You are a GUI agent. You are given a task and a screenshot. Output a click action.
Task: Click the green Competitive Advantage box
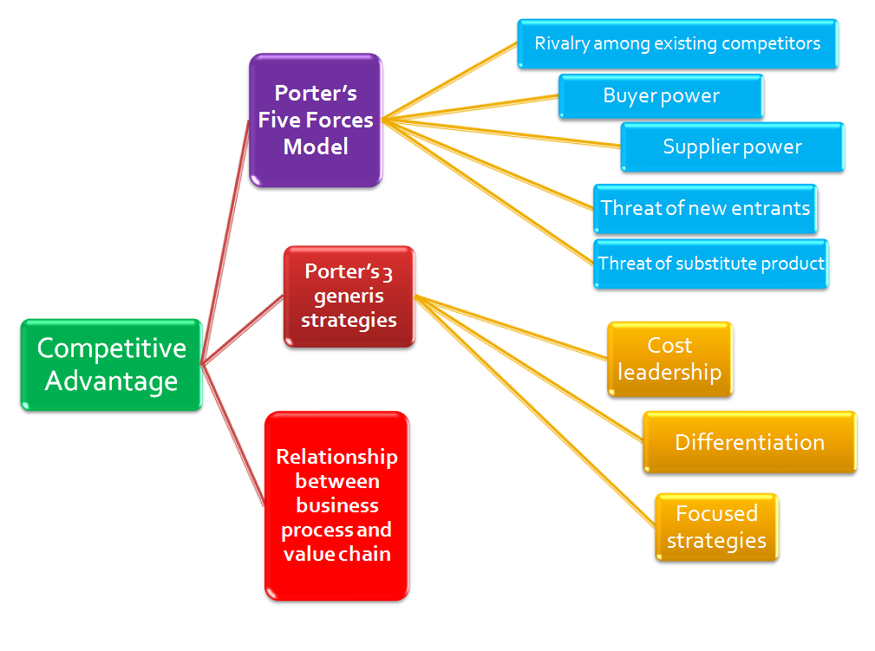click(111, 364)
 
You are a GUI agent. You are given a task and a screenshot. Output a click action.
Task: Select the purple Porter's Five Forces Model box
click(316, 120)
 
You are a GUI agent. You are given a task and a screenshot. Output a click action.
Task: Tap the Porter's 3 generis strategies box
click(349, 296)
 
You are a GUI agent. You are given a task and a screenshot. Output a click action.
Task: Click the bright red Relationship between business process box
click(336, 505)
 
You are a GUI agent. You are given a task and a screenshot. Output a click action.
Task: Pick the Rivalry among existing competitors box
click(677, 43)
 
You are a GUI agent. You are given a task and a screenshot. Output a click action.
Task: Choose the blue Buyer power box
click(661, 95)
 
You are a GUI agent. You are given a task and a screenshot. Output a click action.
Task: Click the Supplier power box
click(732, 146)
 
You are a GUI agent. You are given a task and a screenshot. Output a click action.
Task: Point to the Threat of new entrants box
click(705, 208)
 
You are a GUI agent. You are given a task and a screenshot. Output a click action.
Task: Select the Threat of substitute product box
click(711, 264)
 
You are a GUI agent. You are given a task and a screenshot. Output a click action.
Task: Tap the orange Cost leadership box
click(669, 359)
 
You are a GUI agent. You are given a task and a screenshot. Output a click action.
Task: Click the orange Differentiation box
click(749, 442)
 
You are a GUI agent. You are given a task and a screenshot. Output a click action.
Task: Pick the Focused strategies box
click(716, 527)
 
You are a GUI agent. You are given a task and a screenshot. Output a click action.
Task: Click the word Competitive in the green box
click(111, 348)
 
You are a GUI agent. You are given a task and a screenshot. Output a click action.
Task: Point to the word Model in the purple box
click(316, 147)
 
